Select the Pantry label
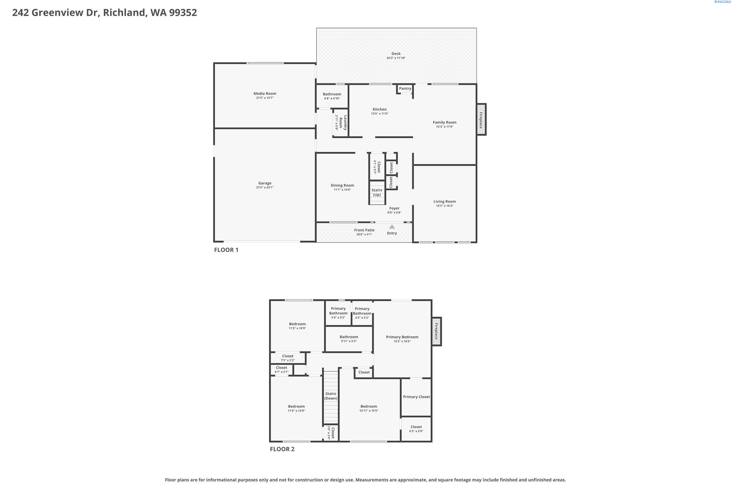(x=405, y=89)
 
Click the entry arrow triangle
(x=392, y=227)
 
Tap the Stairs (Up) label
(x=377, y=192)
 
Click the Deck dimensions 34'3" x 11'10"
(x=396, y=58)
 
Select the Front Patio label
(x=364, y=230)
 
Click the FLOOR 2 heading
(x=282, y=449)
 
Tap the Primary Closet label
(x=416, y=397)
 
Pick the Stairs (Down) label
(x=330, y=396)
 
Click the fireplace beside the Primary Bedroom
(x=436, y=331)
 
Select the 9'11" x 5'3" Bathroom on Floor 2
(x=349, y=339)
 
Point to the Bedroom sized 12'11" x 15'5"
(x=369, y=408)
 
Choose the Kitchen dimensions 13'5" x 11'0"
(x=379, y=114)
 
